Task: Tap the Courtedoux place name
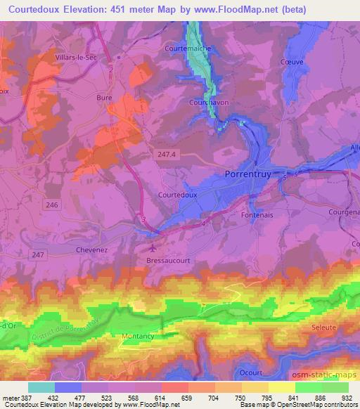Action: click(x=177, y=194)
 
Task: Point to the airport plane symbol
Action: click(x=153, y=248)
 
